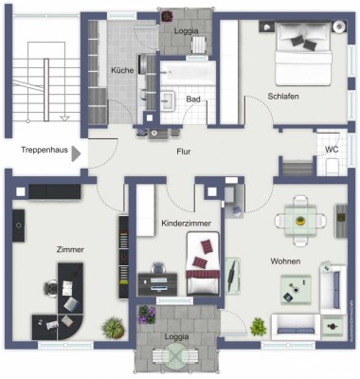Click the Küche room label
(x=122, y=71)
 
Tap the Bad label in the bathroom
(x=193, y=99)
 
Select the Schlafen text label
(x=284, y=97)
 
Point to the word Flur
(x=184, y=151)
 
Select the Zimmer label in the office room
(x=71, y=249)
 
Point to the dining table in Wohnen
(x=300, y=220)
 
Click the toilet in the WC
(x=332, y=167)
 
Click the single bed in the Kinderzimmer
(x=202, y=265)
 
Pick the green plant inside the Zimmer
(x=113, y=328)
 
